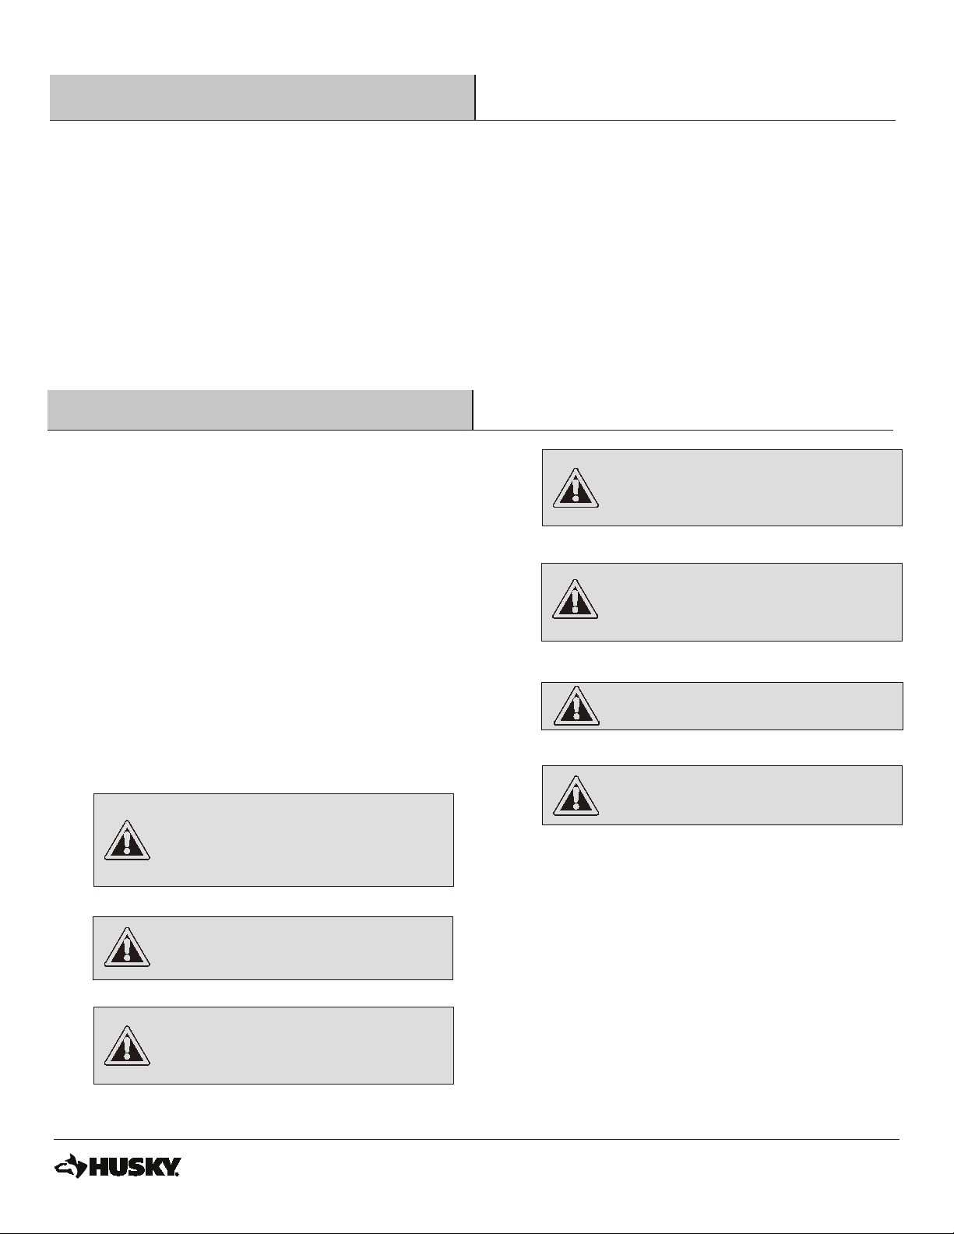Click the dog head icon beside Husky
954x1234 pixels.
pyautogui.click(x=70, y=1165)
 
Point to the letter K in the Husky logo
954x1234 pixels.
pyautogui.click(x=153, y=1167)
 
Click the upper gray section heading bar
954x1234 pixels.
pyautogui.click(x=262, y=97)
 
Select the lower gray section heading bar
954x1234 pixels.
pyautogui.click(x=259, y=410)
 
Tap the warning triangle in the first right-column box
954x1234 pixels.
pyautogui.click(x=576, y=488)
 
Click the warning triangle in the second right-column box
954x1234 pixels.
pyautogui.click(x=576, y=599)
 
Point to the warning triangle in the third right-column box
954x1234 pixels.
pyautogui.click(x=576, y=706)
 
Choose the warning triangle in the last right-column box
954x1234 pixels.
pyautogui.click(x=576, y=796)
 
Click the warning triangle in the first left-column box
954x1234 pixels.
pyautogui.click(x=127, y=841)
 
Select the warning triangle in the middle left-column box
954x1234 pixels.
pyautogui.click(x=127, y=947)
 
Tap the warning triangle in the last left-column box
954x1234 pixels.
pyautogui.click(x=127, y=1046)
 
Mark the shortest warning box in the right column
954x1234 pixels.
pyautogui.click(x=722, y=706)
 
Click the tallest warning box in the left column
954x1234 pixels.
pyautogui.click(x=273, y=840)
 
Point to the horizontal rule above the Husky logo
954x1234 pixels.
pyautogui.click(x=477, y=1139)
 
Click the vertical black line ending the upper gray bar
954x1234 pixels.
pyautogui.click(x=475, y=97)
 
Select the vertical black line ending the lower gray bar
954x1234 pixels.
pyautogui.click(x=473, y=410)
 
